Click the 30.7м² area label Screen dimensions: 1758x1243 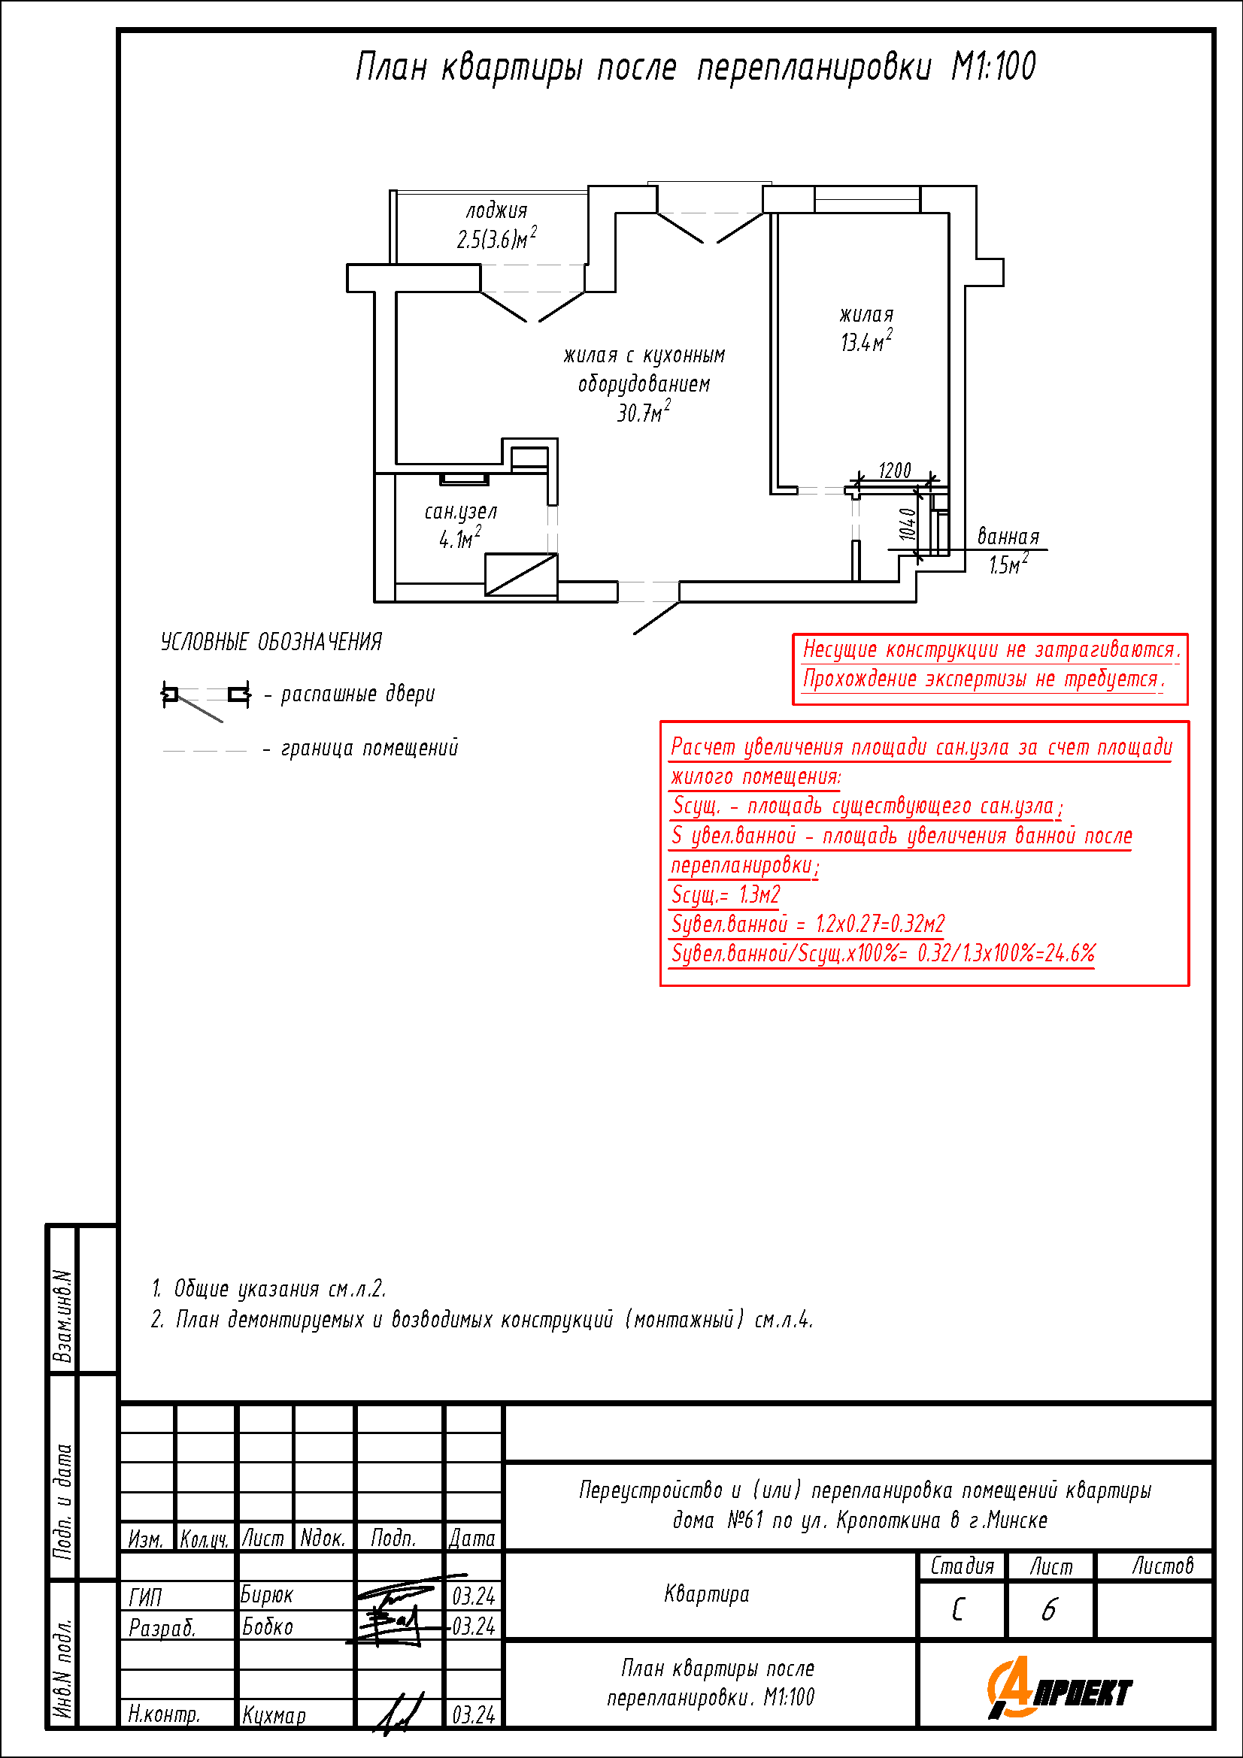pos(644,413)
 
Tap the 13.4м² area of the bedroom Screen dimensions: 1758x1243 pos(866,341)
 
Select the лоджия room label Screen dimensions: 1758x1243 pos(496,210)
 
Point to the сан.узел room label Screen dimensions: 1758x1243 pos(460,512)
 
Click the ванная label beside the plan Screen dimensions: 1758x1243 pos(1008,537)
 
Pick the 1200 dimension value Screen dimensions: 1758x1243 pos(894,470)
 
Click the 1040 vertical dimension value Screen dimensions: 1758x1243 pos(908,525)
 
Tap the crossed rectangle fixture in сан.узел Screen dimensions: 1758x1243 pos(521,574)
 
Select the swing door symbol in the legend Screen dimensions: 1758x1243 pos(205,698)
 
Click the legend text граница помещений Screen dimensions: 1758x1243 pos(369,748)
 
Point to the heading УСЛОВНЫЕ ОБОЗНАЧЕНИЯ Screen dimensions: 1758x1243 pos(271,643)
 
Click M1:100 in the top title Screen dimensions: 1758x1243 pos(993,68)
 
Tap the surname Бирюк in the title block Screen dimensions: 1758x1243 pos(266,1595)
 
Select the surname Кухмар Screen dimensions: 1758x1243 pos(274,1716)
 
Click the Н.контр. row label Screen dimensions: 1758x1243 pos(164,1714)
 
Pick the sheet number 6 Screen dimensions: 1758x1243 pos(1048,1610)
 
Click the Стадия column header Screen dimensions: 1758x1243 pos(962,1566)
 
